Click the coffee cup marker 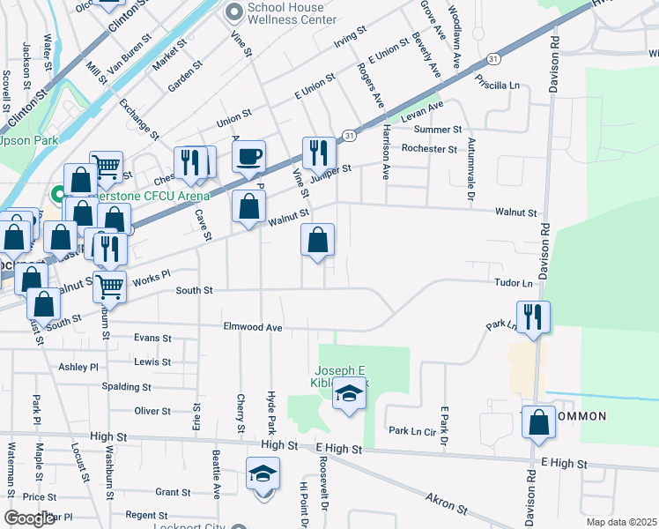click(249, 157)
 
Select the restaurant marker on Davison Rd click(533, 317)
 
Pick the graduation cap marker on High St click(263, 475)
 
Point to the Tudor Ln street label click(515, 283)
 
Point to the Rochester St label click(428, 149)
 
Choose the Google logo click(29, 518)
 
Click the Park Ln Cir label click(412, 431)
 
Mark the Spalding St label click(126, 387)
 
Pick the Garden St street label click(185, 75)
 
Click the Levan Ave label click(422, 111)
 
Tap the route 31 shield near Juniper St click(350, 136)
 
